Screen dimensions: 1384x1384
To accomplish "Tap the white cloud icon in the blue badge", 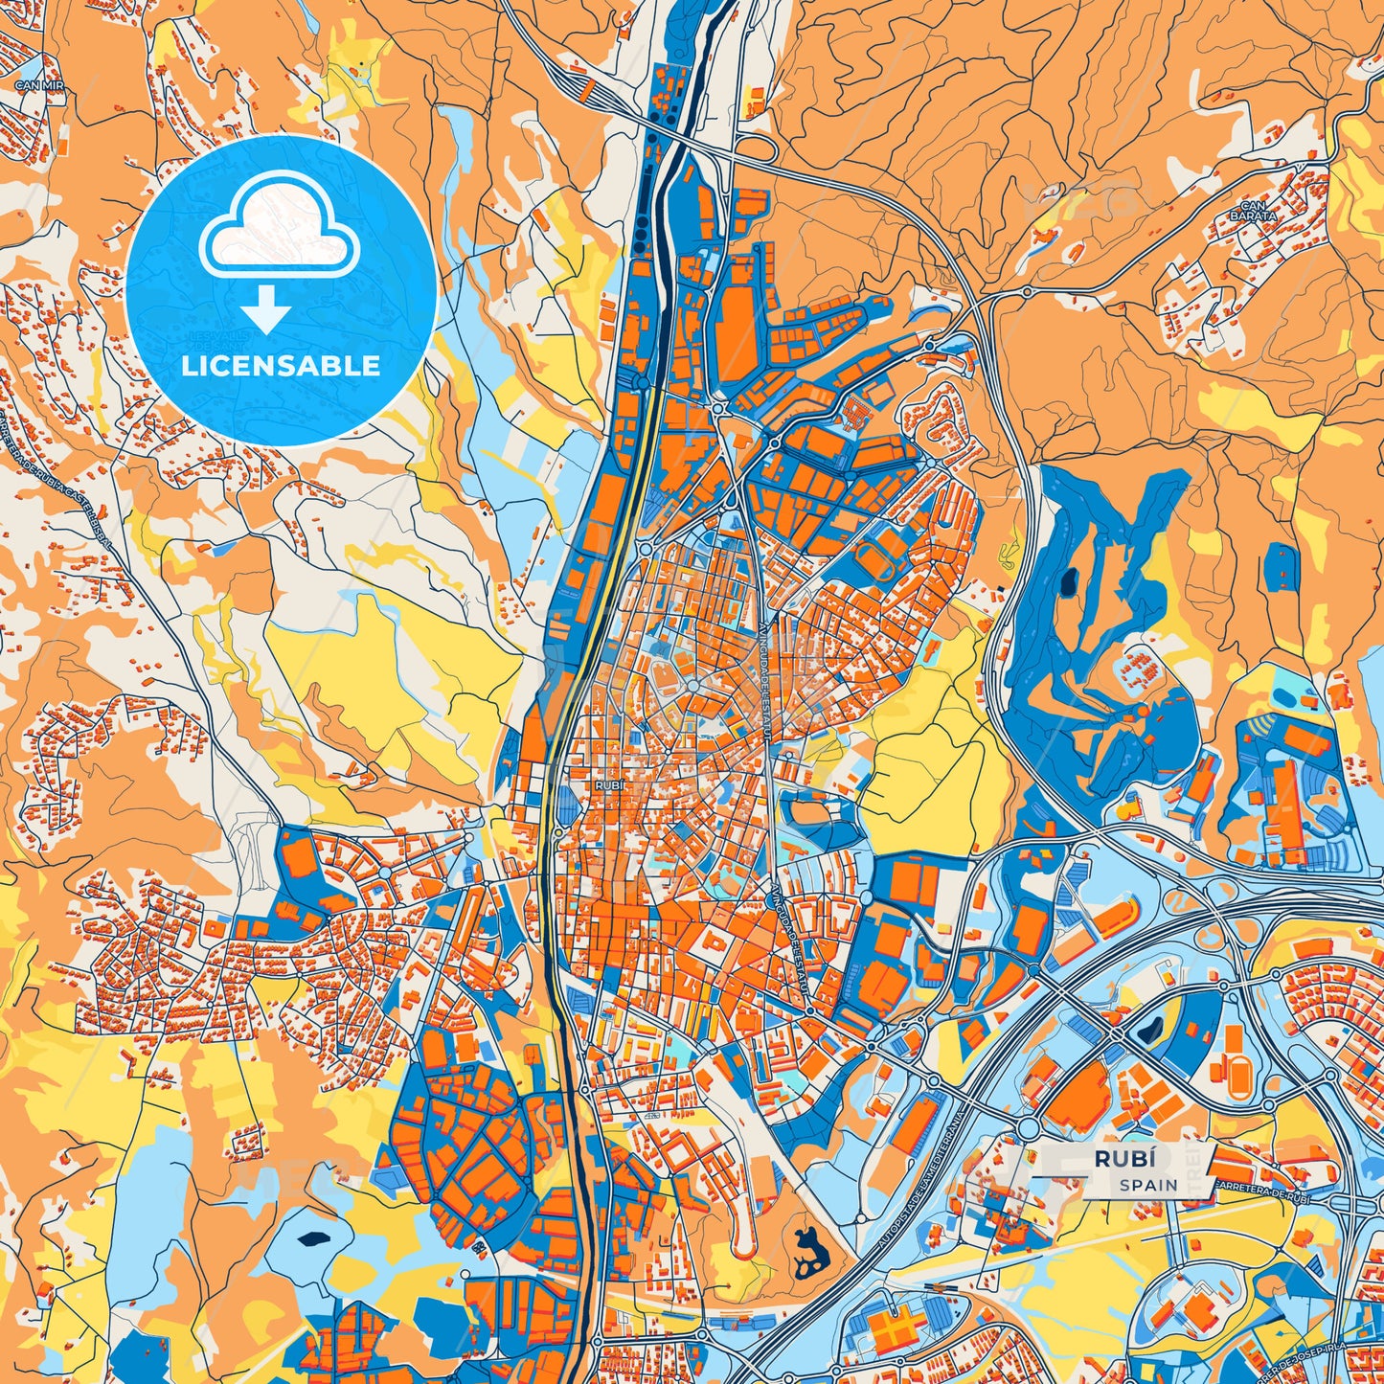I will (279, 226).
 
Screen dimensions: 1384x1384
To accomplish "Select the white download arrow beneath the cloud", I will (265, 308).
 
